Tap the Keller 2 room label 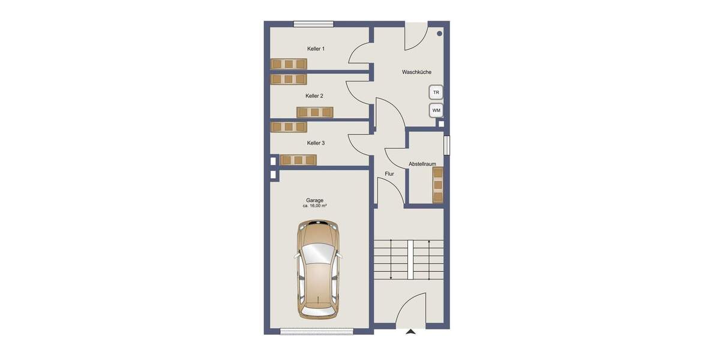coord(314,96)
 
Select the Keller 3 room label coord(316,143)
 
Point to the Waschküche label coord(416,73)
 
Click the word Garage coord(314,200)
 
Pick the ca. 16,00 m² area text coord(314,206)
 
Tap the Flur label coord(389,174)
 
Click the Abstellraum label coord(422,164)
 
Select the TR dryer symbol coord(436,92)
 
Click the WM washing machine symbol coord(436,110)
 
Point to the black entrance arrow coord(411,331)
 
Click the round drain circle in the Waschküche coord(440,34)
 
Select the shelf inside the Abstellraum coord(438,185)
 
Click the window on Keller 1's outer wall coord(313,24)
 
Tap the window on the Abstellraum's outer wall coord(446,146)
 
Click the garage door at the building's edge coord(317,329)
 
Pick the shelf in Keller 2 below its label coord(314,112)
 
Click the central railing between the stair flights coord(411,259)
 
